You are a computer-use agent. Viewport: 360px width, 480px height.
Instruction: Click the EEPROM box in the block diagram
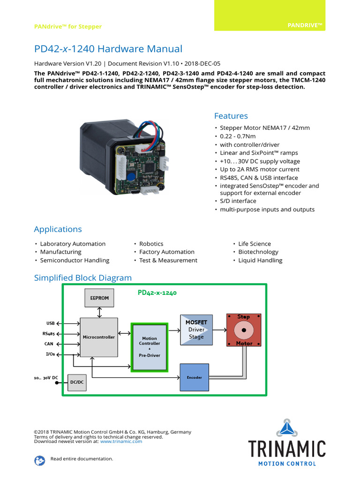99,298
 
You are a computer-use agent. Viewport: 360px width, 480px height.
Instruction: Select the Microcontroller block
98,337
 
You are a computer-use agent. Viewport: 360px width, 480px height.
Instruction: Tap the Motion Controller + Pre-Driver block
150,347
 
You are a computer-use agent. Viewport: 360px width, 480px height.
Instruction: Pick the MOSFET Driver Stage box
196,330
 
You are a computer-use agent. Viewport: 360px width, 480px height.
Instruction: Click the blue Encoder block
195,377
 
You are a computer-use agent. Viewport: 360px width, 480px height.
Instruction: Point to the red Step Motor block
244,330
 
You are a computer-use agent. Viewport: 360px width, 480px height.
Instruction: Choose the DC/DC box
76,382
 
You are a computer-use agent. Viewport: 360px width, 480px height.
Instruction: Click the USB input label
50,323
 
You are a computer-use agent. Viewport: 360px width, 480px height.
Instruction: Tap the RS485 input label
48,334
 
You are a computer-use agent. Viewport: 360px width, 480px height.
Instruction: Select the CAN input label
49,344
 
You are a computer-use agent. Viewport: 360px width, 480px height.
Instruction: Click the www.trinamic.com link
121,441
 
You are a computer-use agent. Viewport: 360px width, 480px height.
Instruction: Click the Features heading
231,116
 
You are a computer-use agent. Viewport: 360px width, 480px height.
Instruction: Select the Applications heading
58,229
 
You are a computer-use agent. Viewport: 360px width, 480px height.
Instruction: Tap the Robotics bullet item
151,244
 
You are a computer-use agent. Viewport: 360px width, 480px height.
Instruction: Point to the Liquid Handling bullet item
260,260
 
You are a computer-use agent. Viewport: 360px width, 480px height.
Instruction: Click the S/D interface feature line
238,201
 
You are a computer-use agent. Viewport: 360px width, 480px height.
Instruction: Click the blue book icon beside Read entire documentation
40,460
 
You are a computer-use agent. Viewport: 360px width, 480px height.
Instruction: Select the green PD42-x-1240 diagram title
157,293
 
